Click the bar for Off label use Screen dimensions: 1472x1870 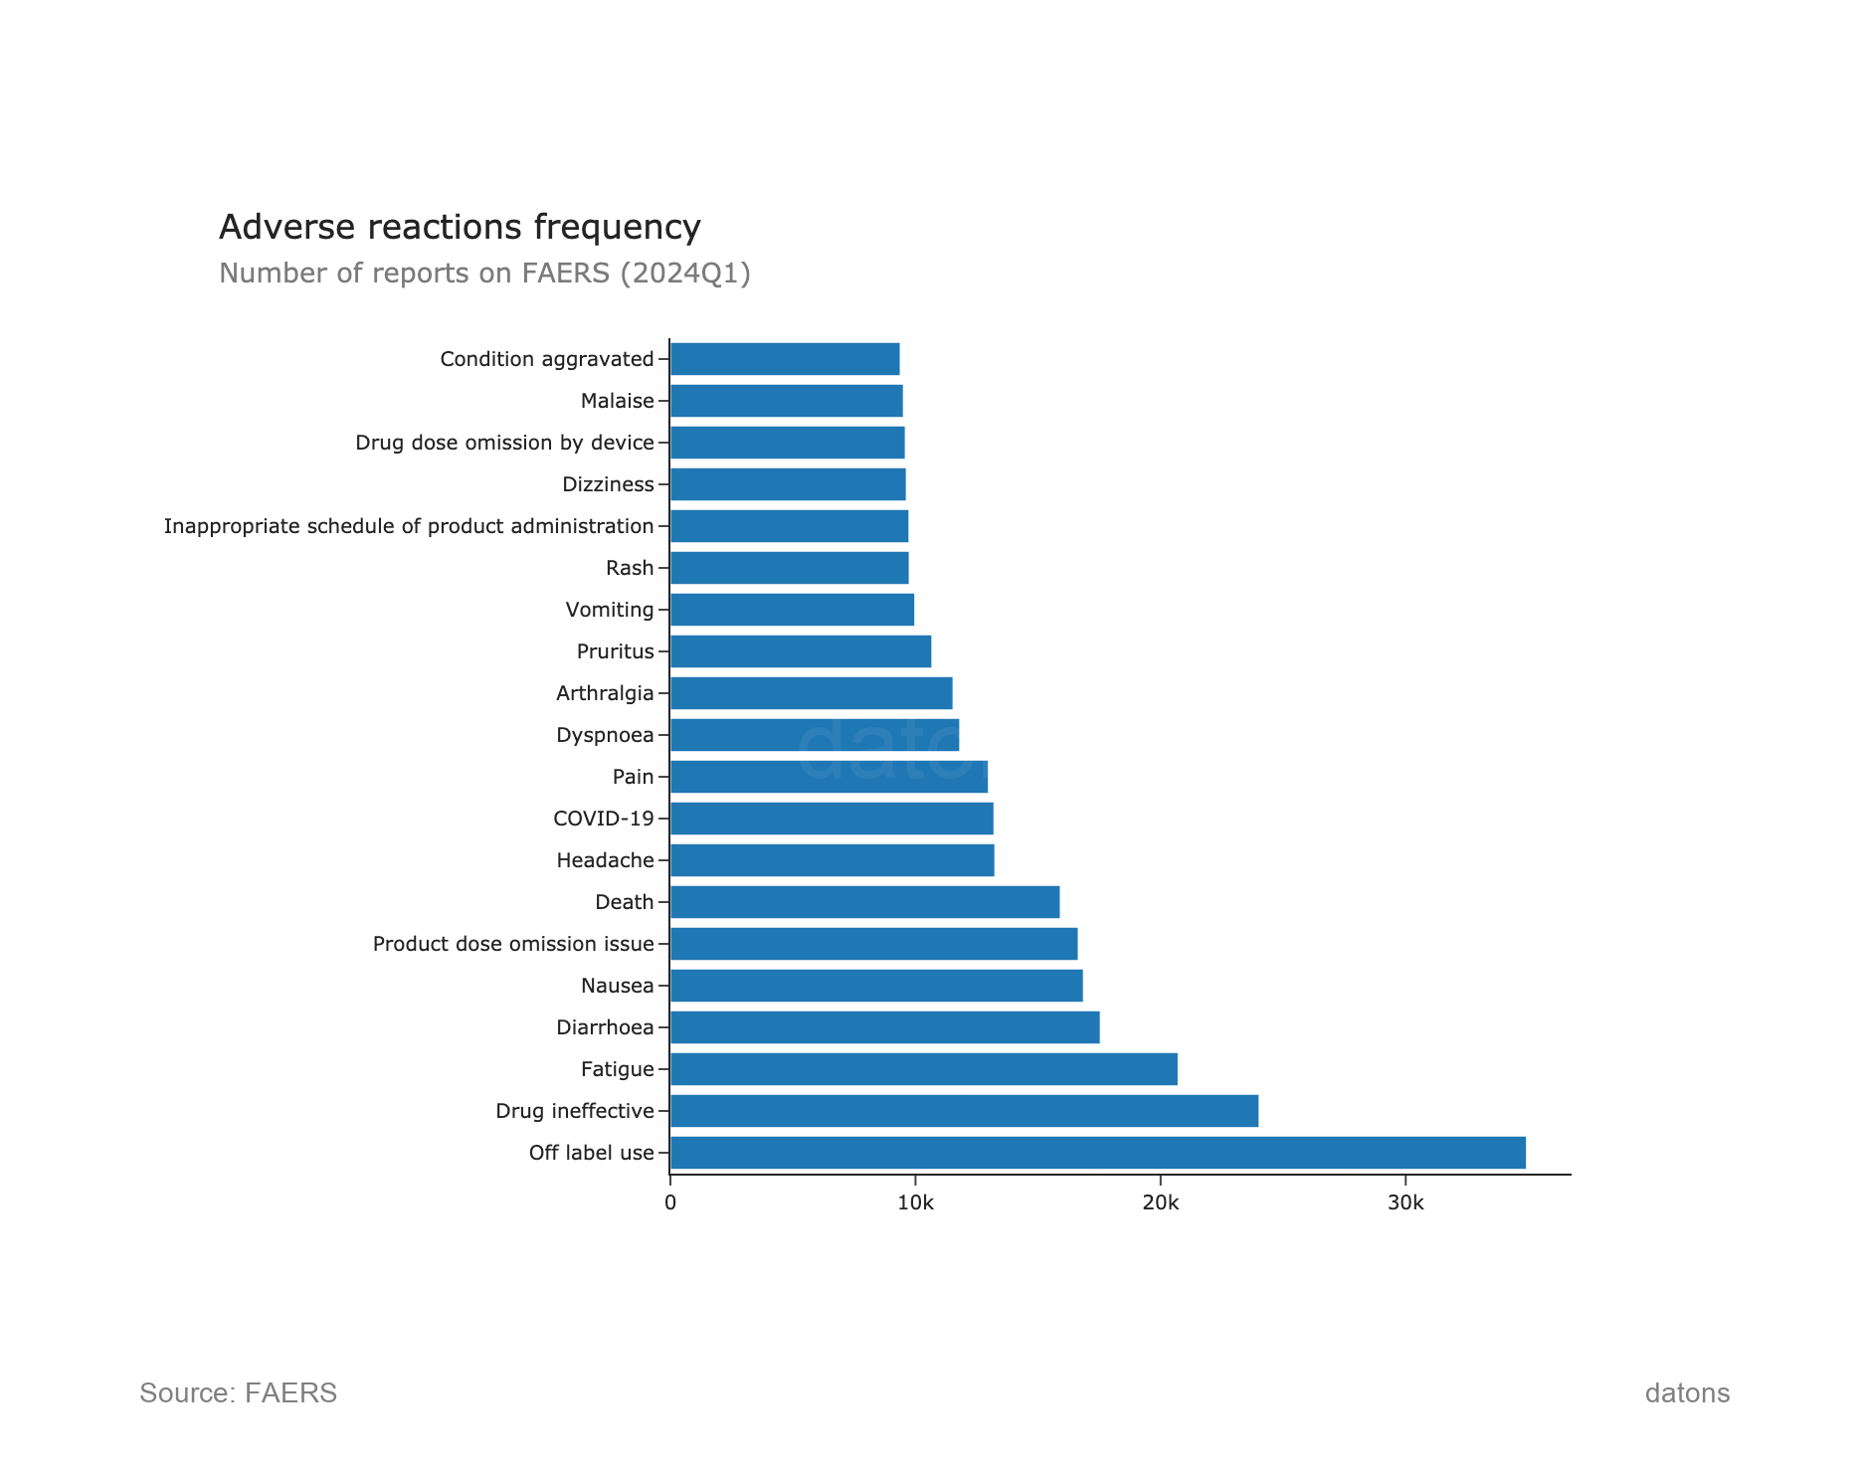tap(1097, 1153)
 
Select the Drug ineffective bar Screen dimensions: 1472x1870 tap(964, 1111)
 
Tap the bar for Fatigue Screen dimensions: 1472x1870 tap(923, 1069)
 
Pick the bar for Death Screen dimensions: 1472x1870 tap(864, 902)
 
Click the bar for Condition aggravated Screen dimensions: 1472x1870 tap(785, 359)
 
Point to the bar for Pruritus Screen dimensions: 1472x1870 tap(801, 651)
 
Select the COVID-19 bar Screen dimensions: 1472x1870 tap(832, 819)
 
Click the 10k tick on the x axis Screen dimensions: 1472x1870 tap(915, 1203)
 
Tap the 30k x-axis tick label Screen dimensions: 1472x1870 tap(1405, 1203)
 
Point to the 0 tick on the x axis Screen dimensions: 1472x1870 tap(670, 1203)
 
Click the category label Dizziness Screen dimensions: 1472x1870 tap(608, 484)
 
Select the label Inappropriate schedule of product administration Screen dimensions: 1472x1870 tap(409, 526)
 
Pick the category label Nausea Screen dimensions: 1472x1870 tap(617, 986)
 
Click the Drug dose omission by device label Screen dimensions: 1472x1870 tap(504, 443)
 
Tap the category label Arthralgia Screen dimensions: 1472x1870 tap(605, 693)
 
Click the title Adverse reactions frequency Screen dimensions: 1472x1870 tap(460, 227)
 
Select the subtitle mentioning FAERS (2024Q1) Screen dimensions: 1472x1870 tap(484, 273)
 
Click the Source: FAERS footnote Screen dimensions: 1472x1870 tap(238, 1392)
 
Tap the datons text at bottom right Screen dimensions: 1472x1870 tap(1687, 1392)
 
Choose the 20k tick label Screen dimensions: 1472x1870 tap(1160, 1203)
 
